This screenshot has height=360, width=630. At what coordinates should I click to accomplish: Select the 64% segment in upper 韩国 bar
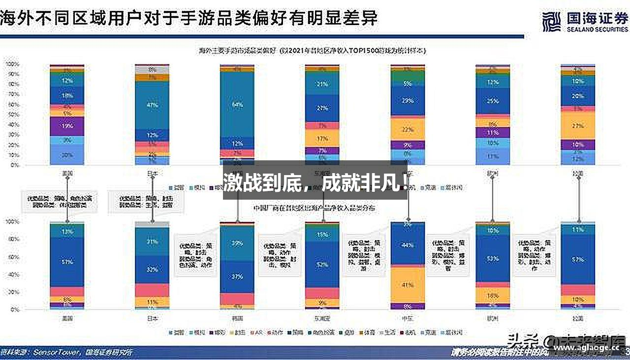point(237,104)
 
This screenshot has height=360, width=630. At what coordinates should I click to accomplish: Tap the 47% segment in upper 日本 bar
point(152,105)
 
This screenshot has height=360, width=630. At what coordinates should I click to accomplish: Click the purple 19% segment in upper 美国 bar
point(67,126)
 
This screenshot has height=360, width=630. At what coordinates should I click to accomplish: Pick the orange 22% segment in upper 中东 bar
point(408,129)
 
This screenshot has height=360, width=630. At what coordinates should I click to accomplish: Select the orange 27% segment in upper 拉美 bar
point(578,126)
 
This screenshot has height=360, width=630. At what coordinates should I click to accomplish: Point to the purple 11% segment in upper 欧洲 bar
point(493,132)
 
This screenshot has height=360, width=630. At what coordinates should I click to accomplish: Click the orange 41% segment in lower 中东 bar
point(408,285)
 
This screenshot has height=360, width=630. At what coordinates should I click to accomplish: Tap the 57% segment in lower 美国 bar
point(67,262)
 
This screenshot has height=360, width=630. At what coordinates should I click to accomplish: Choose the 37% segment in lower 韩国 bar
point(237,276)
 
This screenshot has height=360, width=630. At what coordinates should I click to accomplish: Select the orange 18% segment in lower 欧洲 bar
point(493,296)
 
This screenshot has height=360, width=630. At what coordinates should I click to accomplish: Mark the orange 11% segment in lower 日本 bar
point(152,302)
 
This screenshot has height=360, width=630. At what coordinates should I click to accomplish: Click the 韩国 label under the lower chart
point(237,318)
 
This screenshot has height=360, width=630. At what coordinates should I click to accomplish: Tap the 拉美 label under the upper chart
point(578,174)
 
